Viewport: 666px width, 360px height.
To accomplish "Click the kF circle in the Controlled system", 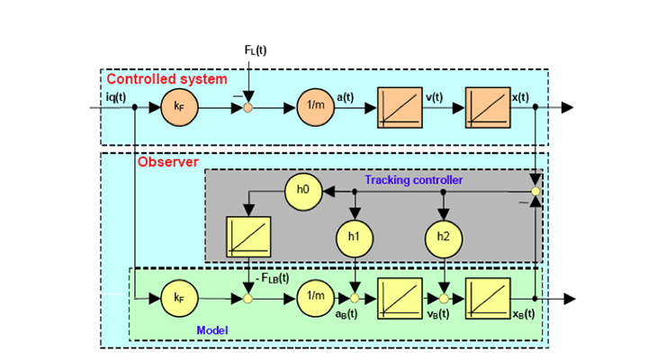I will coord(179,107).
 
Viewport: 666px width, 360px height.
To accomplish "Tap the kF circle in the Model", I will coord(179,296).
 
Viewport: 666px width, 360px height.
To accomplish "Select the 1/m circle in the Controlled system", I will coord(314,107).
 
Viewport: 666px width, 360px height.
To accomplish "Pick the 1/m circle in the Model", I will coord(314,296).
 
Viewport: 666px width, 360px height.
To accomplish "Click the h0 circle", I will coord(303,190).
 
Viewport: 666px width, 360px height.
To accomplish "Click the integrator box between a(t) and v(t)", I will coord(399,107).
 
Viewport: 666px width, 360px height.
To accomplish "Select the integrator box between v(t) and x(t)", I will coord(487,107).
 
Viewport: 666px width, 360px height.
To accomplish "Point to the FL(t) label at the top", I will coord(256,50).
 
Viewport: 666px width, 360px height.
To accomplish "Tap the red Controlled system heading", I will coord(166,79).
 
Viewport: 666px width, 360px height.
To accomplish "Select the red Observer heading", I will coord(168,162).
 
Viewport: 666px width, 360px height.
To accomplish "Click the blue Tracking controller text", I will coord(413,180).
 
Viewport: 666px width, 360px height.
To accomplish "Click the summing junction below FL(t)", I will coord(248,108).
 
